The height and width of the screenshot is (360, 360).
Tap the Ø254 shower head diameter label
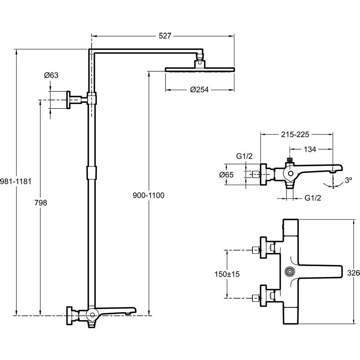[199, 90]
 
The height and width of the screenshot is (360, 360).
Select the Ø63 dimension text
[51, 75]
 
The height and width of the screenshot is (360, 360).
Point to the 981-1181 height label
[15, 181]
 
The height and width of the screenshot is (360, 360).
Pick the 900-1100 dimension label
[149, 195]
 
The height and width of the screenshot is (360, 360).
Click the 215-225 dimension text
[296, 134]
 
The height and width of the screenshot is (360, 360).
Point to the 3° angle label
[348, 180]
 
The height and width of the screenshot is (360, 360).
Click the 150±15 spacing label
[227, 274]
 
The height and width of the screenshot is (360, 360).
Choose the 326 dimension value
[354, 273]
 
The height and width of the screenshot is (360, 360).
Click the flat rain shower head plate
[200, 69]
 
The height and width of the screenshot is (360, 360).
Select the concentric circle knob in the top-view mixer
[289, 272]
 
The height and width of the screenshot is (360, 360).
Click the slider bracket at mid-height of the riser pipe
[91, 172]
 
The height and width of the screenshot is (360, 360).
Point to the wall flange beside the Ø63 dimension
[69, 100]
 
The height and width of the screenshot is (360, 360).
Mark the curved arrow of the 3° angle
[331, 184]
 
